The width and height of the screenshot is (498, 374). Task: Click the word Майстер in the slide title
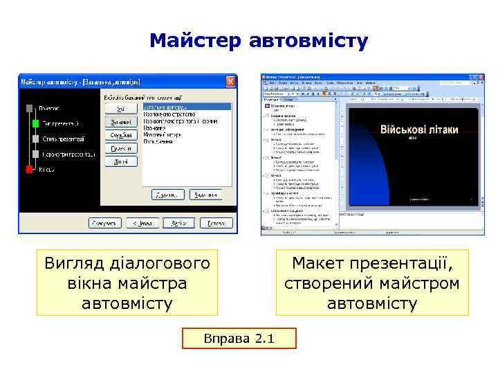[193, 41]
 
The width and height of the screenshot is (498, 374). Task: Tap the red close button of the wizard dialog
[231, 81]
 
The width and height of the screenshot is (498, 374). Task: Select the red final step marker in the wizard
[29, 169]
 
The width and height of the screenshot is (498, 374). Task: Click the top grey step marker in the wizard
[29, 108]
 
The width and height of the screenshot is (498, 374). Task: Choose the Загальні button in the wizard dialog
[120, 122]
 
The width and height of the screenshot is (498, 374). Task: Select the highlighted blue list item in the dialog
[186, 107]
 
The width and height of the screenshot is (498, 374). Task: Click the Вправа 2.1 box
[239, 339]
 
